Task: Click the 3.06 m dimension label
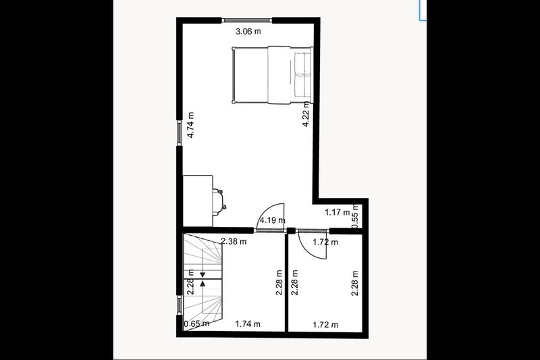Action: (248, 32)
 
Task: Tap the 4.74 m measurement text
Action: (191, 125)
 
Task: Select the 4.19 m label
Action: (272, 220)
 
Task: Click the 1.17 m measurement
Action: (337, 212)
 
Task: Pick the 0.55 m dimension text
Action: (355, 217)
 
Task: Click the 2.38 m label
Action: (234, 242)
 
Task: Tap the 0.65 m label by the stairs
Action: (196, 324)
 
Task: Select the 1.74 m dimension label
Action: (248, 324)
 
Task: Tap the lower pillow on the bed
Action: (302, 85)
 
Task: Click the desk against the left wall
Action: (198, 201)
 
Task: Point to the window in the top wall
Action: (247, 20)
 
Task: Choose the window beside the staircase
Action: (180, 305)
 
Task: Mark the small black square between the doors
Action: (291, 231)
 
